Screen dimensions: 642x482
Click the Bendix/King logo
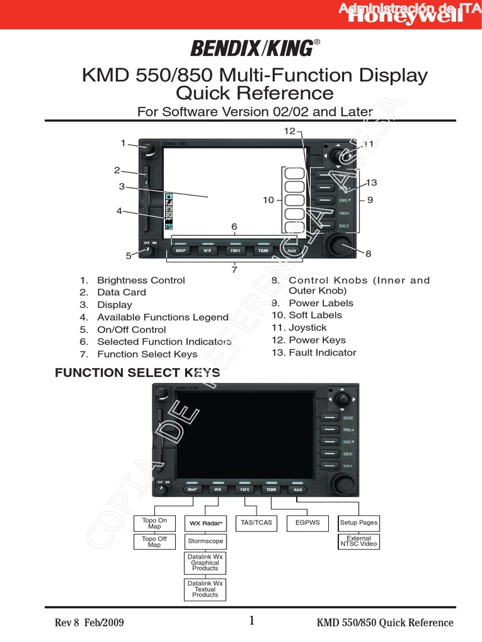click(x=250, y=47)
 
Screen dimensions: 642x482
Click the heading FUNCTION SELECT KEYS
click(x=137, y=372)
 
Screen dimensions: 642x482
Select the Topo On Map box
click(x=154, y=524)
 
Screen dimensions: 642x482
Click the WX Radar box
click(x=205, y=523)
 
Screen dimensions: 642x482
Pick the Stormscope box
click(x=205, y=540)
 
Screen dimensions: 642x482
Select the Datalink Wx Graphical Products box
click(x=205, y=562)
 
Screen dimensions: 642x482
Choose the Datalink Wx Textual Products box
click(x=205, y=589)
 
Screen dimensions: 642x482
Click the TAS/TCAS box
click(x=257, y=522)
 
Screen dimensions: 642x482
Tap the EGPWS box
click(x=308, y=522)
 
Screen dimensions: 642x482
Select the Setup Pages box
click(x=358, y=522)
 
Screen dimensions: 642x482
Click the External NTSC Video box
click(x=358, y=541)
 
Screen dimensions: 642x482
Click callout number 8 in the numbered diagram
click(x=368, y=254)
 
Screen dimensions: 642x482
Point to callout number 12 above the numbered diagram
click(x=289, y=131)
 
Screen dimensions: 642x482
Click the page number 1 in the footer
click(x=252, y=621)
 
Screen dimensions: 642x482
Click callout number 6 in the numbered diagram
click(x=234, y=226)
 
